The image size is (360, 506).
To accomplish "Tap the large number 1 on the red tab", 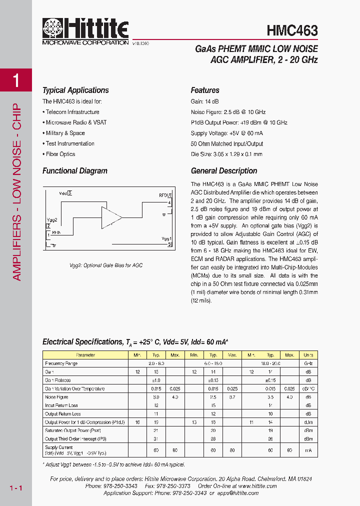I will (x=16, y=80).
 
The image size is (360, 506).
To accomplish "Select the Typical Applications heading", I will (x=75, y=90).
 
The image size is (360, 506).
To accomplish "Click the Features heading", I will (x=205, y=90).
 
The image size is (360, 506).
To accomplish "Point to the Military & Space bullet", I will (x=65, y=133).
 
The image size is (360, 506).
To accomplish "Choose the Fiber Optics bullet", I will (x=60, y=154).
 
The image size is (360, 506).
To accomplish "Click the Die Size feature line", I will (x=226, y=154).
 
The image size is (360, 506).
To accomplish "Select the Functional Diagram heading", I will (x=75, y=171).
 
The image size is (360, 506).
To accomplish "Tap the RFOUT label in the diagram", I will (x=165, y=195).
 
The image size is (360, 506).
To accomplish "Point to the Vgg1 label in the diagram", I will (x=167, y=238).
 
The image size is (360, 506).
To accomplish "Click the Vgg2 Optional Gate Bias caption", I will (x=106, y=265).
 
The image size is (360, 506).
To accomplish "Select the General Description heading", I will (x=224, y=171).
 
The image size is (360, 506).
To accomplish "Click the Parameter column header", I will (x=85, y=355).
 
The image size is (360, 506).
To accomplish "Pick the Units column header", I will (x=308, y=355).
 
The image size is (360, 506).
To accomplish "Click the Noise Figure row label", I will (x=57, y=397).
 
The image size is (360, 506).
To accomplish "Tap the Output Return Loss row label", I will (x=62, y=414).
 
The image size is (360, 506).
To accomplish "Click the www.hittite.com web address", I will (x=258, y=486).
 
